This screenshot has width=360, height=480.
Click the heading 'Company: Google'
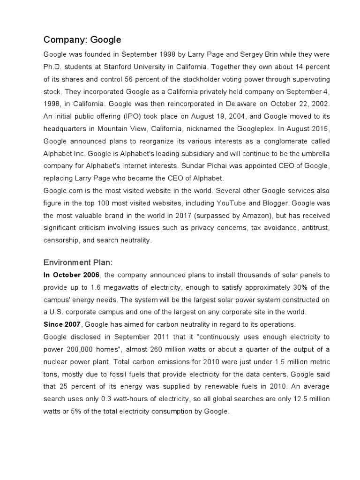(x=82, y=39)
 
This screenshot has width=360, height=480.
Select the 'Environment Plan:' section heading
(x=78, y=262)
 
